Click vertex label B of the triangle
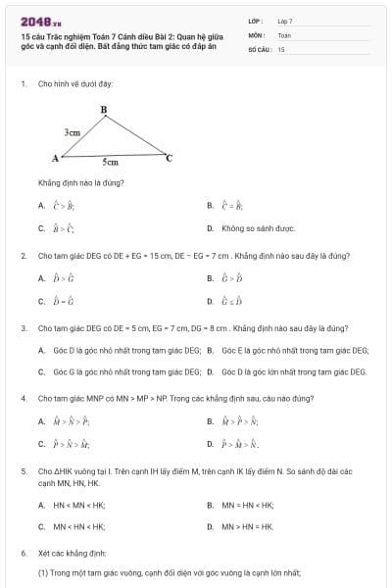104,109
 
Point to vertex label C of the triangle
169,157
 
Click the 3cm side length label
72,130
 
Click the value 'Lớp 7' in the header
285,21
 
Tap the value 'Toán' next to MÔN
284,34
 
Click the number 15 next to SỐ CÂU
281,48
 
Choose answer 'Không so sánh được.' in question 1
257,228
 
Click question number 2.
23,256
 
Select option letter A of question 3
41,350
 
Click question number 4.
23,399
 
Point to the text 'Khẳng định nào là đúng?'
80,182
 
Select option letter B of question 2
211,278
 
